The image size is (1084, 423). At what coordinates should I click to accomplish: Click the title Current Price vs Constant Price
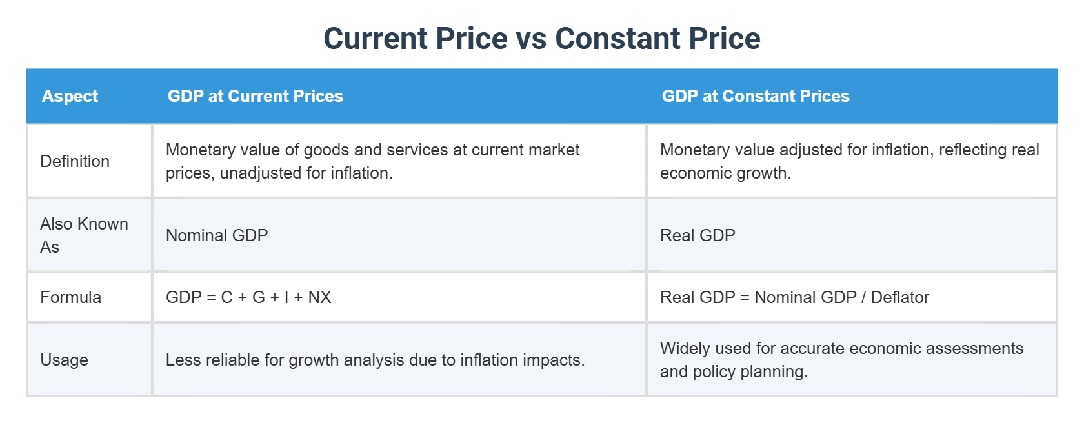click(x=541, y=39)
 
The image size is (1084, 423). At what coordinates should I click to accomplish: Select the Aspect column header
click(x=70, y=96)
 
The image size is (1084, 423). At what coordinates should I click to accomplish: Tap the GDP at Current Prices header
click(x=255, y=96)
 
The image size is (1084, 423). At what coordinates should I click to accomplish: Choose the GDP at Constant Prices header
click(x=755, y=96)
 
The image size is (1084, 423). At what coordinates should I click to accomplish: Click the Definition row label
click(x=75, y=161)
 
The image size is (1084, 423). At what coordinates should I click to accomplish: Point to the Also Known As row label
click(x=84, y=235)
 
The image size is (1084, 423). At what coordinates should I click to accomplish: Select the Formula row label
click(x=70, y=297)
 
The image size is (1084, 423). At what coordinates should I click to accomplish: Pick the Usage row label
click(x=64, y=360)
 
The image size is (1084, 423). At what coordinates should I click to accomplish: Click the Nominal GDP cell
click(x=217, y=235)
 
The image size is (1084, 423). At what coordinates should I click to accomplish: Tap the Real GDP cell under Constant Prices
click(x=698, y=235)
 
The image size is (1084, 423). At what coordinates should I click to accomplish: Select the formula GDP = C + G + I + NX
click(x=248, y=297)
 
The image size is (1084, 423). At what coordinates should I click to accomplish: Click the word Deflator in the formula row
click(x=899, y=297)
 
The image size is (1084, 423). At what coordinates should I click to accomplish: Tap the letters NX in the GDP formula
click(x=319, y=297)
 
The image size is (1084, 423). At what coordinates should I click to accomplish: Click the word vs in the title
click(x=531, y=39)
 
